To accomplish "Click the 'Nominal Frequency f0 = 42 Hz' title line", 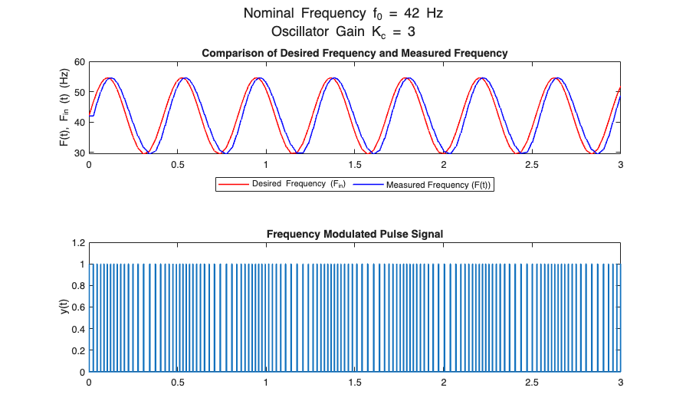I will pos(343,14).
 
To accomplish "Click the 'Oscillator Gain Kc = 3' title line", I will pos(343,31).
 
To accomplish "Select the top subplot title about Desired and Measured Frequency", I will pos(354,54).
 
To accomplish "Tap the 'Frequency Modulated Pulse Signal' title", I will pos(354,234).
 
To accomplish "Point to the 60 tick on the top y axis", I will pos(79,62).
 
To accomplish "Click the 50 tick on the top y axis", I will pos(79,93).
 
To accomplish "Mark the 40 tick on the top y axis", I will pos(79,123).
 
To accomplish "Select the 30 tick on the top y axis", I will pos(79,153).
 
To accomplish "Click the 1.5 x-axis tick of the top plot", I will pos(355,164).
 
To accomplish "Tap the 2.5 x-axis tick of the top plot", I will pos(532,164).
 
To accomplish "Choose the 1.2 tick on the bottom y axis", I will pos(77,243).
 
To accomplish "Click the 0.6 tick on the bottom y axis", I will pos(77,307).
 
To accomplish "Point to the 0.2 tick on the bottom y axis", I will pos(77,350).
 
